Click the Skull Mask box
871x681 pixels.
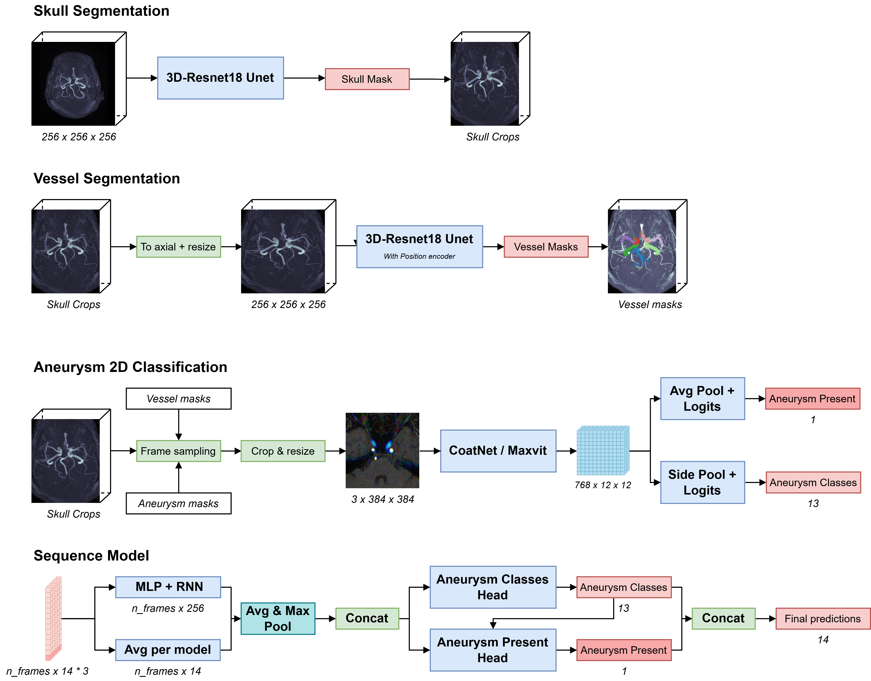click(x=367, y=79)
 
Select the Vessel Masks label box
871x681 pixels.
click(x=546, y=247)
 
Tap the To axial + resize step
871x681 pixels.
click(x=178, y=247)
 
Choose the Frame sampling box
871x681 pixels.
click(x=178, y=451)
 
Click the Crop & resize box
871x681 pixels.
click(x=283, y=451)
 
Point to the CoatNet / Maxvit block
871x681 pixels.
click(x=498, y=451)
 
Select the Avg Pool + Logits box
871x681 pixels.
click(x=702, y=398)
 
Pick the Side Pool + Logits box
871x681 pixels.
click(x=702, y=482)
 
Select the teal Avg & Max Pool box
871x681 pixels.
click(x=278, y=618)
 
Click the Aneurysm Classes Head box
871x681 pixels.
click(x=493, y=587)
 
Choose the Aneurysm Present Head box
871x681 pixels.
click(x=493, y=650)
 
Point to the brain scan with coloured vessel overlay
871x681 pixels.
click(x=642, y=251)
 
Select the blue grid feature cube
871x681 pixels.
click(x=603, y=451)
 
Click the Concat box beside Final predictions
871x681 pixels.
click(x=723, y=618)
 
